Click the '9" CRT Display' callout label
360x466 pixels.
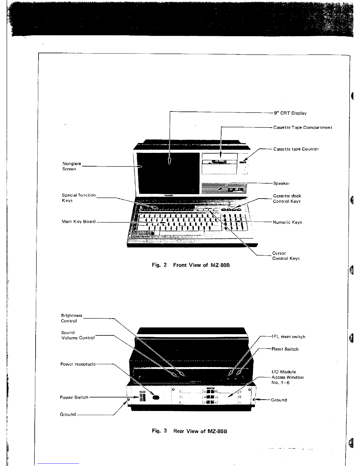[x=290, y=113]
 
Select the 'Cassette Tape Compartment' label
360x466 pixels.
[x=303, y=127]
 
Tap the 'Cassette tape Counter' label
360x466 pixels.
[x=296, y=149]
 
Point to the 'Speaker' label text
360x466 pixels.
[x=281, y=183]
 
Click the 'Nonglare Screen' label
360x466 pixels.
[x=71, y=166]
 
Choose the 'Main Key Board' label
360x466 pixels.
[x=79, y=222]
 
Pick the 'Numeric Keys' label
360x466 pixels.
[x=287, y=222]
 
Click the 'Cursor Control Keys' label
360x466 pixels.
[x=286, y=256]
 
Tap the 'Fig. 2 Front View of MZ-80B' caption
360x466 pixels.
[x=191, y=265]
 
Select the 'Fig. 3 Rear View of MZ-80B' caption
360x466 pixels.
[x=189, y=431]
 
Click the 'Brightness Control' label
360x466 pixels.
[x=71, y=318]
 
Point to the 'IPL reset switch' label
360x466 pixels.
[x=289, y=337]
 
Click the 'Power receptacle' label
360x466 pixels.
[x=78, y=364]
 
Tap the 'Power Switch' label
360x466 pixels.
[x=74, y=397]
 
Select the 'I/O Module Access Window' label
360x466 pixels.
[x=288, y=377]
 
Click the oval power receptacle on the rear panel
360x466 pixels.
[x=156, y=397]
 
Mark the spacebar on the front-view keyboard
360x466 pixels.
[x=181, y=233]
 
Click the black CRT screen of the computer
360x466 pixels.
[x=168, y=173]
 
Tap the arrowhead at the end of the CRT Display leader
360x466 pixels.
[x=169, y=162]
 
